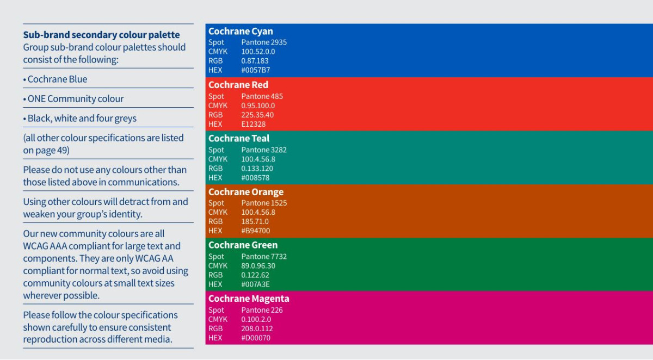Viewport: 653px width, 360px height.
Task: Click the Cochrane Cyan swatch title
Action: (x=241, y=32)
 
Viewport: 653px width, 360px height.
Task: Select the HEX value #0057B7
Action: (x=256, y=70)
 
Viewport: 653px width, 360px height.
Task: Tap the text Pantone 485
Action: (x=262, y=96)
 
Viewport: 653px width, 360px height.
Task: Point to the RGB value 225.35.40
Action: (x=257, y=115)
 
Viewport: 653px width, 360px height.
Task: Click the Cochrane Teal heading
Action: (x=239, y=138)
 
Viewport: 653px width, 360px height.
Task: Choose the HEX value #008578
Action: (x=255, y=178)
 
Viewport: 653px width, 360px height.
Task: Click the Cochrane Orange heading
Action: (x=246, y=192)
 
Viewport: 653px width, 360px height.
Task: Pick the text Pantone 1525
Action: (x=264, y=203)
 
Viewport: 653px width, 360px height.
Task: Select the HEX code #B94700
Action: (x=256, y=231)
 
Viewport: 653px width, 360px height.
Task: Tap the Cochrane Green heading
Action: (x=243, y=245)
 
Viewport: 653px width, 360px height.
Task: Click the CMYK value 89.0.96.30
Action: (x=258, y=266)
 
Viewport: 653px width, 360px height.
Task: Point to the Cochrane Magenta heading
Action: (x=249, y=299)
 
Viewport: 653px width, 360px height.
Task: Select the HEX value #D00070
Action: (x=256, y=338)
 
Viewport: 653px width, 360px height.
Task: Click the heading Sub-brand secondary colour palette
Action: (x=101, y=35)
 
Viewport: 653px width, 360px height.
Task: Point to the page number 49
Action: (x=64, y=150)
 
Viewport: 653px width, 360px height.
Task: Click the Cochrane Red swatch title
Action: (x=238, y=85)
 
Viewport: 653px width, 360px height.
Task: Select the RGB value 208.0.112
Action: (x=257, y=328)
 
